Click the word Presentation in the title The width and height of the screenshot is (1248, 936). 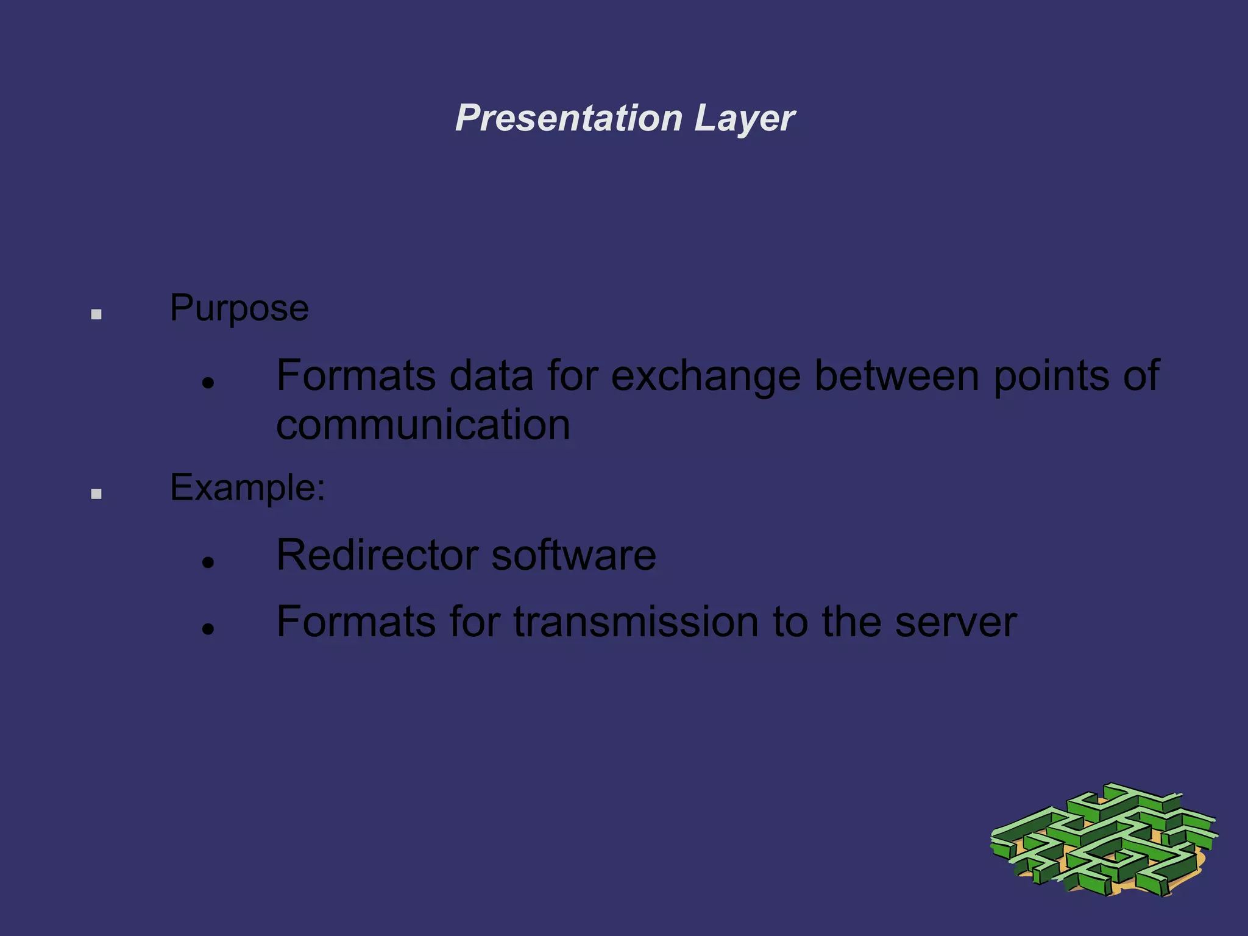click(569, 118)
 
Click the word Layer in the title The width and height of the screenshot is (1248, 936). click(744, 118)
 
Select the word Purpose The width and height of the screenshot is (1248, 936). click(239, 308)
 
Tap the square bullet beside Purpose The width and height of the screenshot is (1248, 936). click(96, 314)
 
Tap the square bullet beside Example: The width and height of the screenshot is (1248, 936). click(96, 494)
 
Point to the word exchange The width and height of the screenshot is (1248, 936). click(706, 377)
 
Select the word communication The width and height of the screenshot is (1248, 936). click(423, 425)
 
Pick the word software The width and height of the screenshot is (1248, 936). click(573, 555)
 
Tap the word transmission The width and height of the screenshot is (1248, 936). click(636, 622)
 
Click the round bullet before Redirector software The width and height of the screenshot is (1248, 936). click(209, 562)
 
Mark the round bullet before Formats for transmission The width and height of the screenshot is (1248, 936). click(209, 628)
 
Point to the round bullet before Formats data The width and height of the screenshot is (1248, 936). click(209, 383)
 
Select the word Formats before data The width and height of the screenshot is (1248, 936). click(356, 375)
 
